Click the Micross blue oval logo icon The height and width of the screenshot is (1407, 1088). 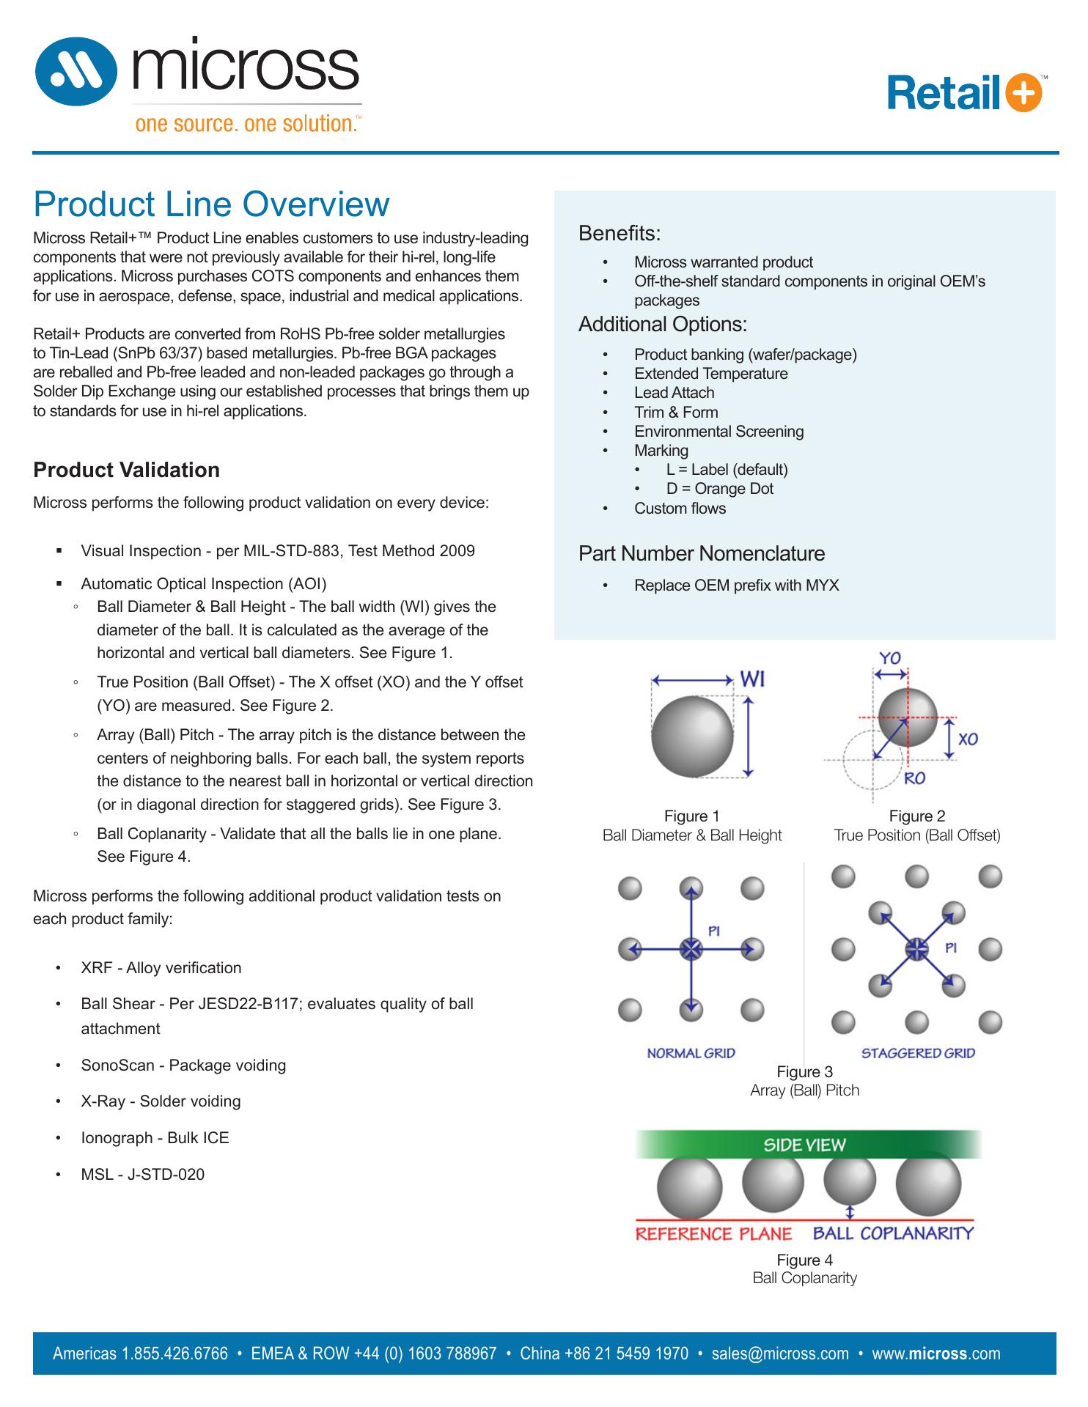pyautogui.click(x=76, y=72)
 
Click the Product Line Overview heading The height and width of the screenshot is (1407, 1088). pyautogui.click(x=211, y=204)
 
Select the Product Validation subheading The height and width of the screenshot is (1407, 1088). pyautogui.click(x=126, y=470)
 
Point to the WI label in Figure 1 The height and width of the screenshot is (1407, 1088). pyautogui.click(x=753, y=679)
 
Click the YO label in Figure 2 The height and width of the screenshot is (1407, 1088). pyautogui.click(x=890, y=658)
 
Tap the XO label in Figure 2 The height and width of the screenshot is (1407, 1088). pyautogui.click(x=968, y=739)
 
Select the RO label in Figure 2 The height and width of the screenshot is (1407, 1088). pyautogui.click(x=914, y=778)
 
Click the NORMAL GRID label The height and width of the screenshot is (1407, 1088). pyautogui.click(x=691, y=1053)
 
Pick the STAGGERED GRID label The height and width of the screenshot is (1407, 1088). pyautogui.click(x=918, y=1053)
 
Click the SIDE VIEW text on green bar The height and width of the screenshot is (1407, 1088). pyautogui.click(x=804, y=1145)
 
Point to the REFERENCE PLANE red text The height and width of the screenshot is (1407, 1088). pyautogui.click(x=713, y=1234)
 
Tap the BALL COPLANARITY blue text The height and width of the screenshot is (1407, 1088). pyautogui.click(x=893, y=1233)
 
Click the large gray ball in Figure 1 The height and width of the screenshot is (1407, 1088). pyautogui.click(x=692, y=734)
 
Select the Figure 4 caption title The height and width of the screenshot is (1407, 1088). pyautogui.click(x=804, y=1260)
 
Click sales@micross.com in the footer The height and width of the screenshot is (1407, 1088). pyautogui.click(x=780, y=1354)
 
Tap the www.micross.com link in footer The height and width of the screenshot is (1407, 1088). pyautogui.click(x=936, y=1354)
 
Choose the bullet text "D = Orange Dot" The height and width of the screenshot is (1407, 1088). pyautogui.click(x=719, y=489)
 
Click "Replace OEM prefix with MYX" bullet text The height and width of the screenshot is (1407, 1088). pyautogui.click(x=736, y=586)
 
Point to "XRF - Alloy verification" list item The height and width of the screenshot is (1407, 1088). pyautogui.click(x=161, y=968)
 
